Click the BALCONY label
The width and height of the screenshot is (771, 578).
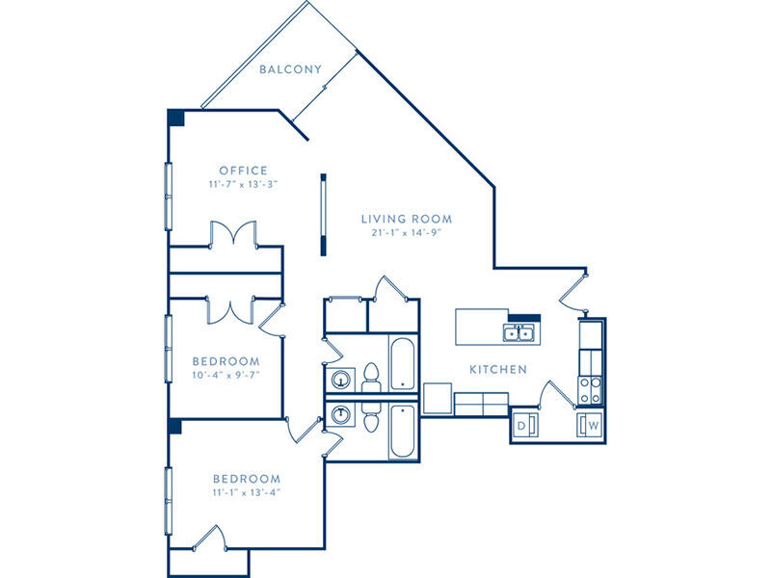click(290, 69)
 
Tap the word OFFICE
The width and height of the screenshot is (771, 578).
click(244, 171)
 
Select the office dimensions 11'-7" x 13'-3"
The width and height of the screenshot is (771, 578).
click(244, 184)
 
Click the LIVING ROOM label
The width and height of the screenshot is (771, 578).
click(407, 219)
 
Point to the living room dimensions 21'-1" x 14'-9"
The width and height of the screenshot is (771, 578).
click(406, 232)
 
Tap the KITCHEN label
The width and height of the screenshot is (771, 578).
click(498, 369)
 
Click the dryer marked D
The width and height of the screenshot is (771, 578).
click(525, 425)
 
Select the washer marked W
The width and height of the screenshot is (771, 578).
click(589, 425)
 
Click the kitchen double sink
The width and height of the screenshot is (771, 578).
click(518, 333)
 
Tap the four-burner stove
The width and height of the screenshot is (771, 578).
click(590, 390)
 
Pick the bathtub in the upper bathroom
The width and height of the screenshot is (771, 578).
click(403, 363)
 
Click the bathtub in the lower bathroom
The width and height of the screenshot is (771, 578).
click(403, 431)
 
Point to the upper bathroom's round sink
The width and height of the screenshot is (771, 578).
click(340, 380)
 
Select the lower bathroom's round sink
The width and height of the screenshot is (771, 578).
click(340, 414)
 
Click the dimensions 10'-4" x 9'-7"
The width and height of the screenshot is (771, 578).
click(226, 375)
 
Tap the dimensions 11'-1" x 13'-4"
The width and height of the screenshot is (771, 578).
click(247, 492)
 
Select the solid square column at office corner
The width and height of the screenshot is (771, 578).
click(176, 118)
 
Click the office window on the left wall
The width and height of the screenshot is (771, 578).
click(168, 197)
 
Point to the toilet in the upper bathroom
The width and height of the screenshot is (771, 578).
click(371, 378)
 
